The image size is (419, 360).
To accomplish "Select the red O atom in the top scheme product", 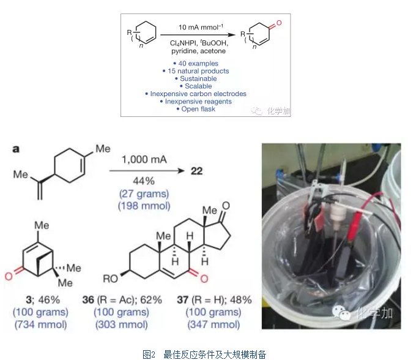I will click(278, 24).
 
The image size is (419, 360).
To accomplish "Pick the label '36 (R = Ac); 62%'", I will click(122, 300).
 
